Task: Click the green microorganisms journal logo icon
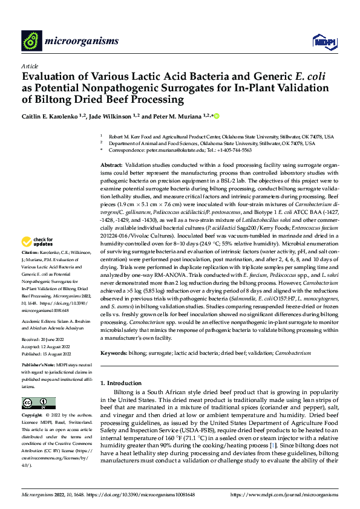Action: tap(31, 41)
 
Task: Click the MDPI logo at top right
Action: tap(320, 41)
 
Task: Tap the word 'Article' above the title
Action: tap(30, 66)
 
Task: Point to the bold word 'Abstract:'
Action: tap(111, 165)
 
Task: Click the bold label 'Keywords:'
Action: tap(114, 352)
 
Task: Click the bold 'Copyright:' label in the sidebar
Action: tap(31, 416)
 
